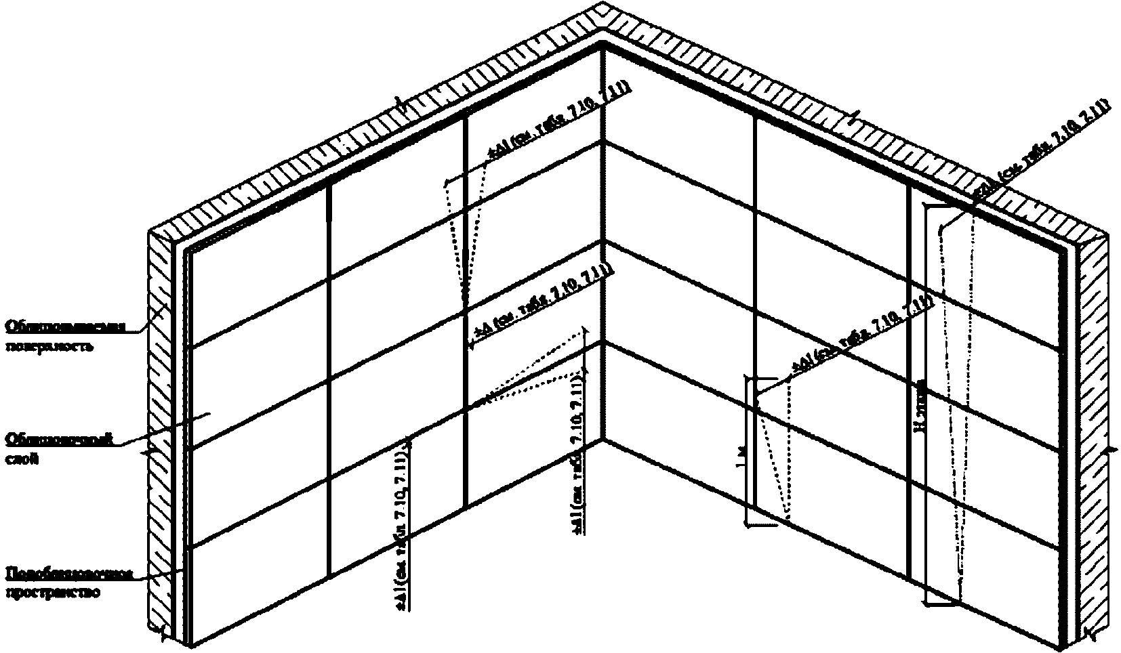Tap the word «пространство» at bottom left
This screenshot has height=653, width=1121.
(x=54, y=593)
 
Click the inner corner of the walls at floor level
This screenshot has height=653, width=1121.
(x=602, y=439)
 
